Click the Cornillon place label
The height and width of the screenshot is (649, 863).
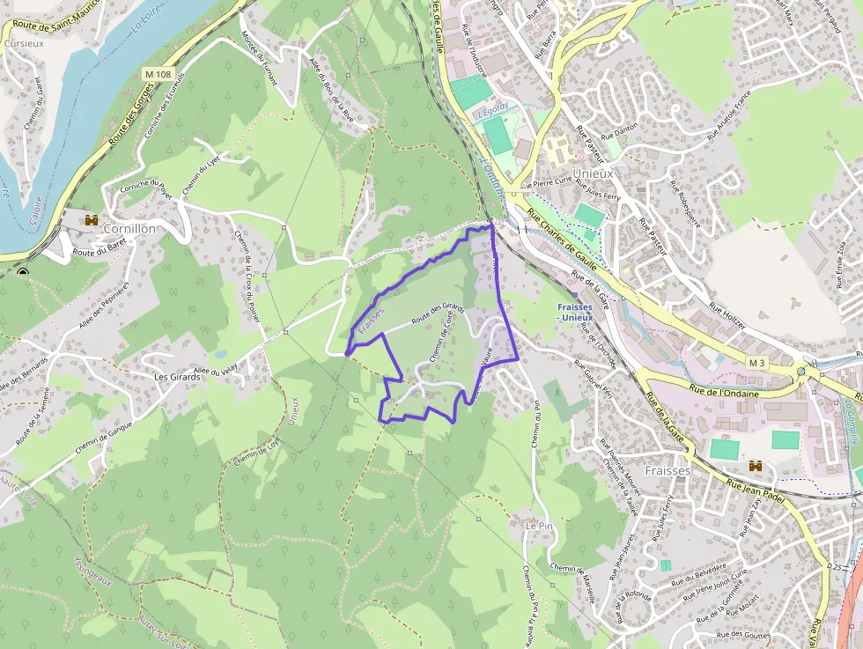pyautogui.click(x=129, y=228)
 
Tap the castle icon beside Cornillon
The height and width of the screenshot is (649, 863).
pyautogui.click(x=91, y=219)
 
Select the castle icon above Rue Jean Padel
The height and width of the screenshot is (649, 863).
pyautogui.click(x=755, y=465)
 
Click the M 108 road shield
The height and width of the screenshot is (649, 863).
pyautogui.click(x=158, y=75)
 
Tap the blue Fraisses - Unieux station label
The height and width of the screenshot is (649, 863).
pyautogui.click(x=580, y=312)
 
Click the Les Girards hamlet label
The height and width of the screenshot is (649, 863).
pyautogui.click(x=174, y=377)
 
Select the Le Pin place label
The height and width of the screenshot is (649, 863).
pyautogui.click(x=538, y=525)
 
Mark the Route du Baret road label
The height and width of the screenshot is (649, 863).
pyautogui.click(x=97, y=253)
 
